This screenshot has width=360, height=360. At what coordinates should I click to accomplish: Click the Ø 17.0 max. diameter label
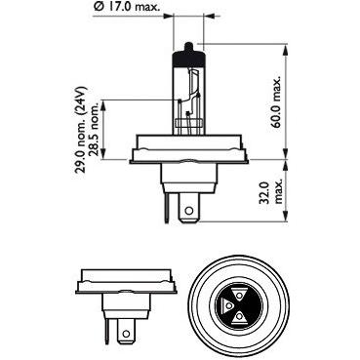coord(127,6)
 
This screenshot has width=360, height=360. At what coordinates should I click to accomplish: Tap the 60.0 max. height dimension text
coord(277,102)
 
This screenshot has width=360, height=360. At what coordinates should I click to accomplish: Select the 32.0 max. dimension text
coord(272,192)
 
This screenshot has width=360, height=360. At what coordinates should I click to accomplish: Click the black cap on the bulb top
coord(189,57)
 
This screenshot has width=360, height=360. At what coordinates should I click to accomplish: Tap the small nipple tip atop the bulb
coord(189,46)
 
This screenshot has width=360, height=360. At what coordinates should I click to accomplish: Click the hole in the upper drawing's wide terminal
coord(188,211)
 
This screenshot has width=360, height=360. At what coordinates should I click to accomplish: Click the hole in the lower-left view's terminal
coord(126,334)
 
